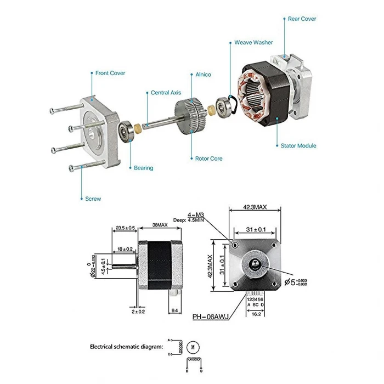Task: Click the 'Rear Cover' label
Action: (302, 19)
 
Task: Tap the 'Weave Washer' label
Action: (253, 42)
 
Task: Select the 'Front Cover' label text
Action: (110, 73)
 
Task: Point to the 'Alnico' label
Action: (203, 75)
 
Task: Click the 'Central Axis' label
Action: (166, 93)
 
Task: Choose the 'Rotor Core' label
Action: (208, 159)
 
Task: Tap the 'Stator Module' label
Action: (298, 146)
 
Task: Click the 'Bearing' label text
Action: (144, 168)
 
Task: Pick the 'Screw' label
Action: (93, 199)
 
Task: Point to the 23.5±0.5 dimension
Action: (126, 228)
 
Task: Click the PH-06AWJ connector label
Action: (211, 317)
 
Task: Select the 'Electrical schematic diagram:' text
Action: (126, 347)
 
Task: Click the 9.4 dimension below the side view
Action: (174, 310)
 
